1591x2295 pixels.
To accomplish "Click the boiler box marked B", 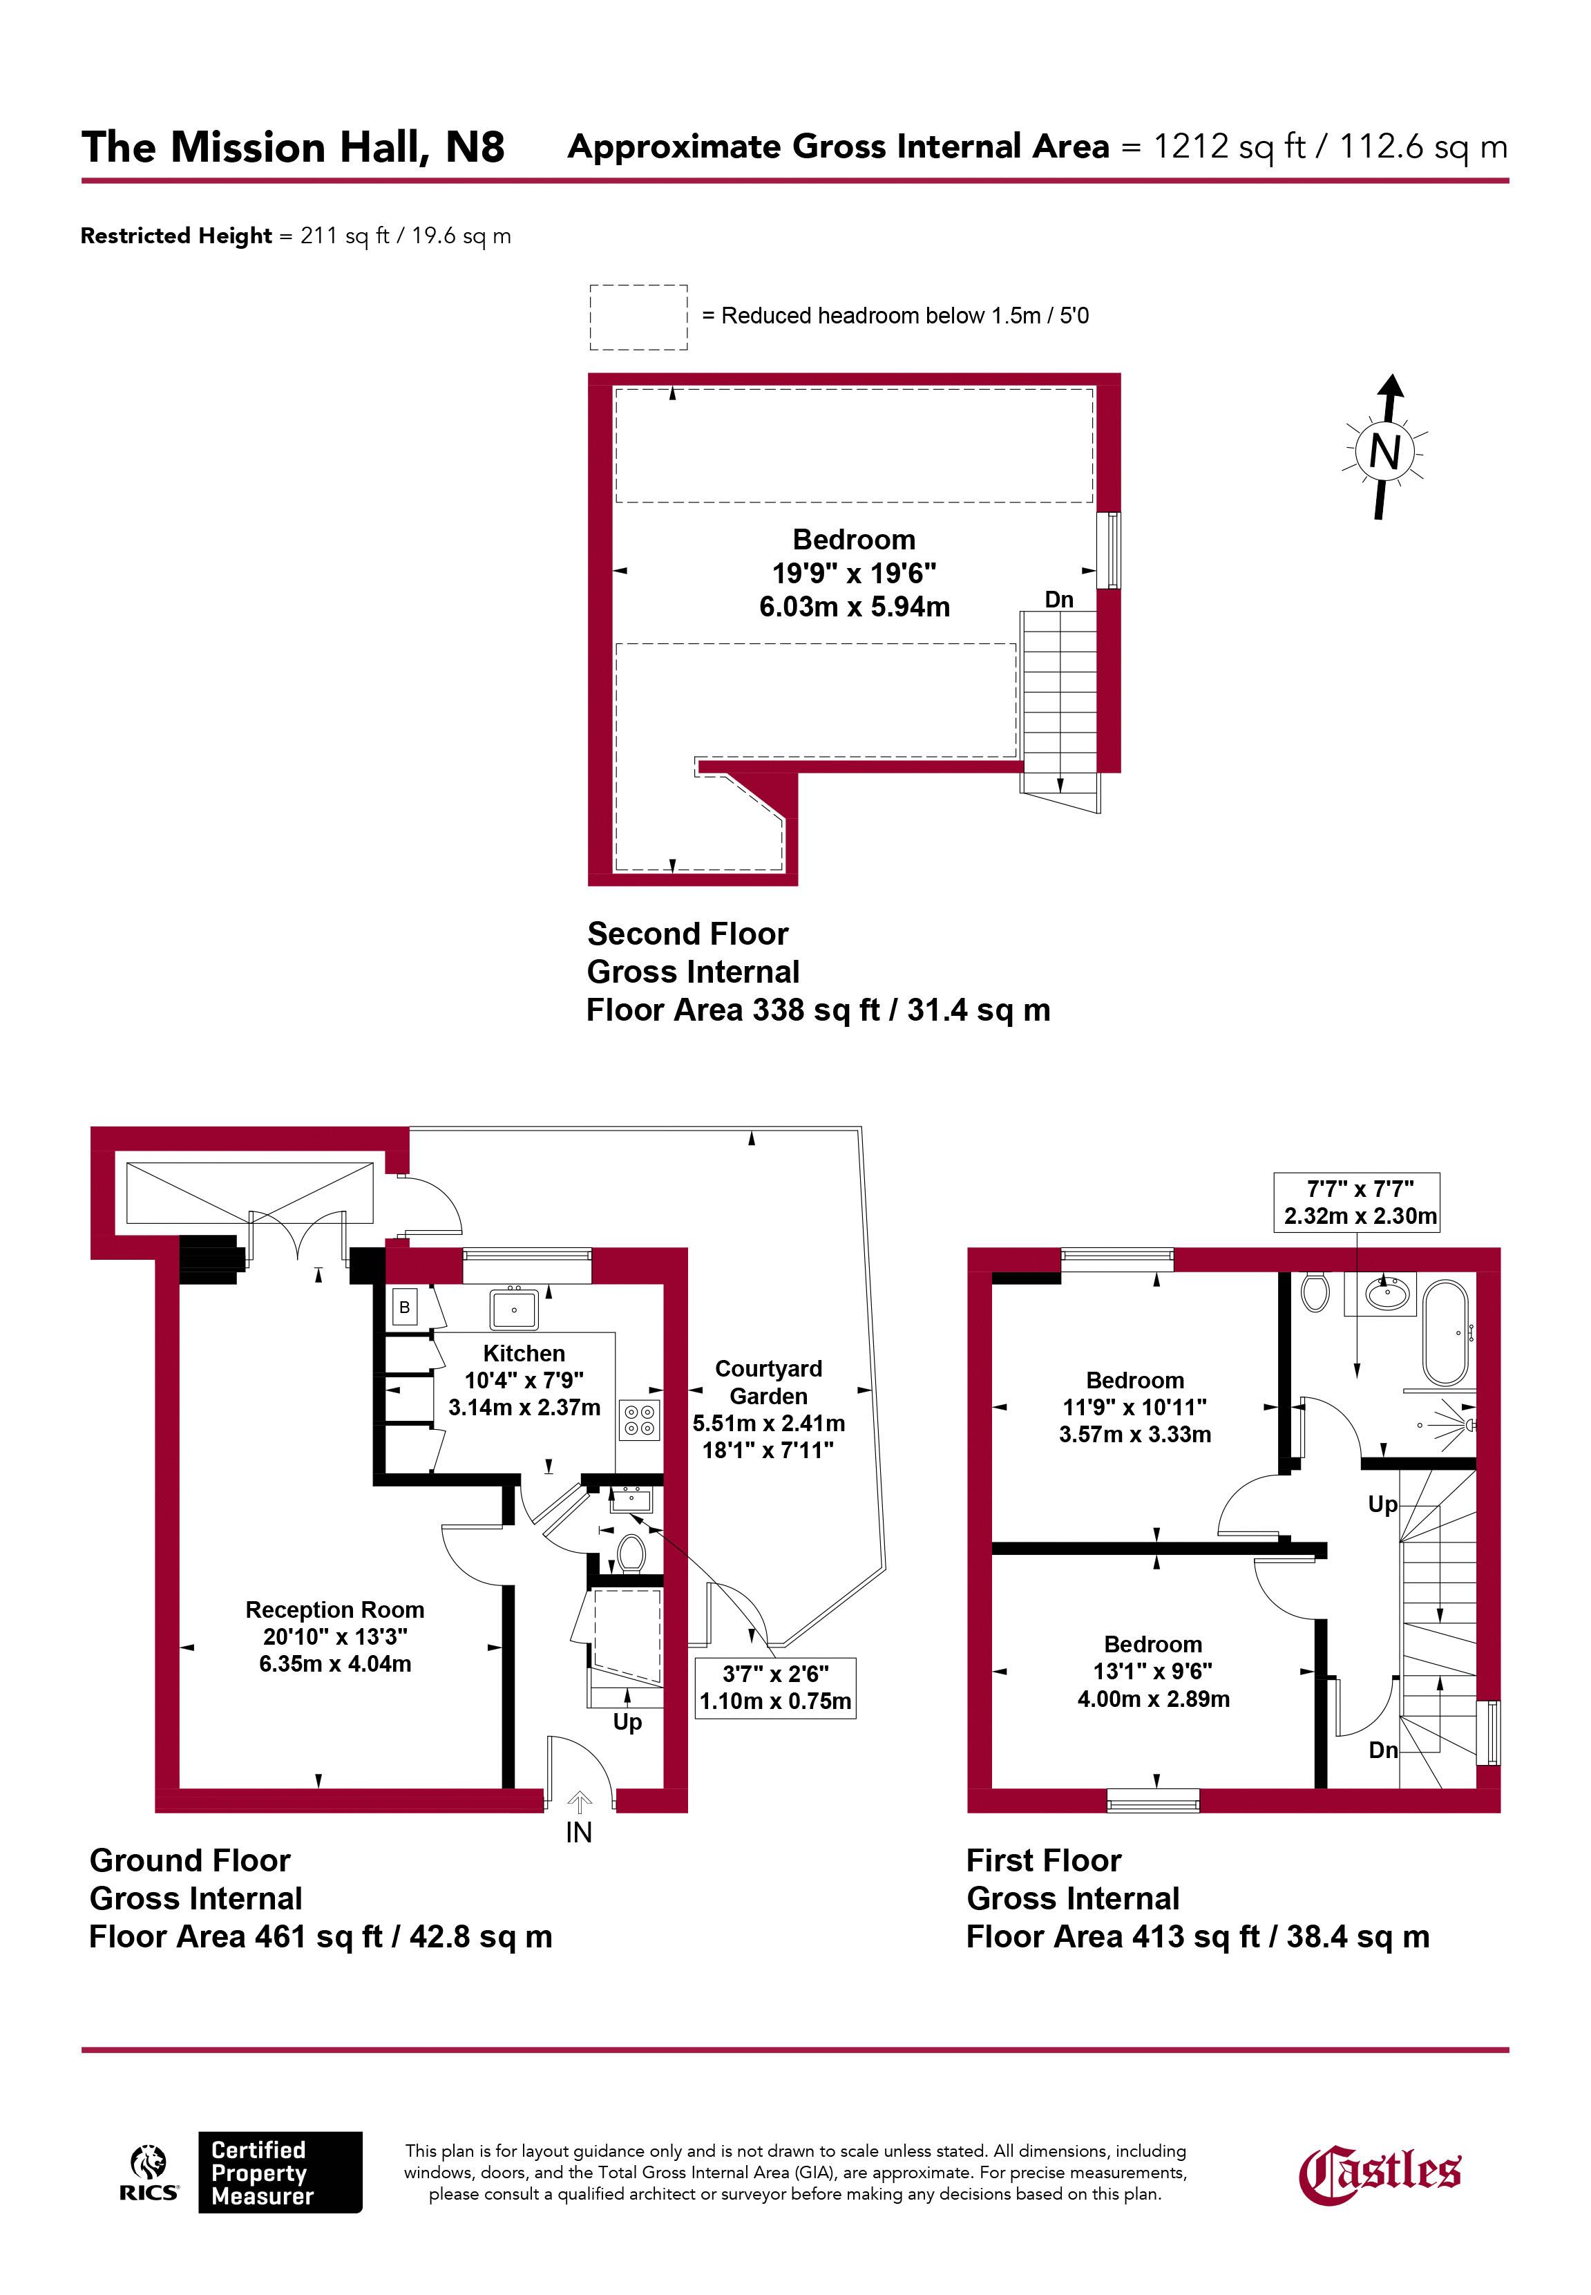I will click(405, 1307).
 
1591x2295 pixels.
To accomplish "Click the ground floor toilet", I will click(630, 1553).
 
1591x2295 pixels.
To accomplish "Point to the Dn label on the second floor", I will click(1058, 599).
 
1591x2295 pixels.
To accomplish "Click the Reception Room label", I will click(335, 1609).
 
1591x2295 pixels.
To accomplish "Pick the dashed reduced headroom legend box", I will click(638, 317).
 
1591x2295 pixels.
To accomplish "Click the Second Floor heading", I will click(688, 934).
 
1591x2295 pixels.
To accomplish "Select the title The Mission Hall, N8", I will click(293, 148).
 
